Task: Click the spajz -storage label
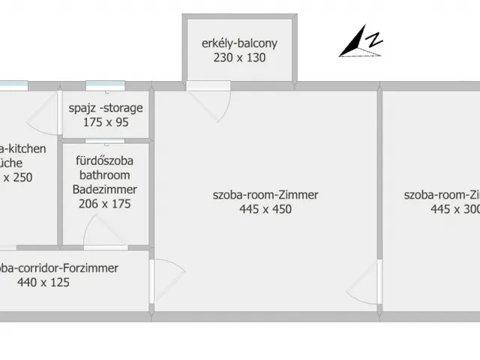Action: pyautogui.click(x=106, y=108)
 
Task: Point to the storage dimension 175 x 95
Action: pyautogui.click(x=106, y=122)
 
